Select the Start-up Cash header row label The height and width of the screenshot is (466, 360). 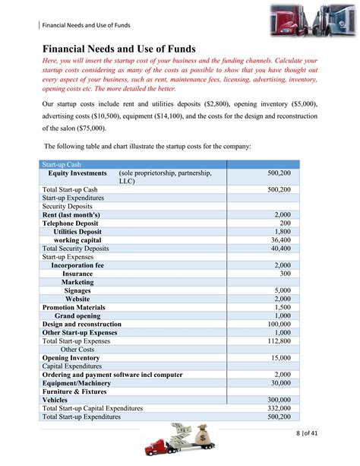[x=62, y=164]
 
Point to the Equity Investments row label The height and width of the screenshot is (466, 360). [x=77, y=173]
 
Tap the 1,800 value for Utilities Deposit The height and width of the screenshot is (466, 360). [x=280, y=231]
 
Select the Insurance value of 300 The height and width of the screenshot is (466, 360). [x=284, y=273]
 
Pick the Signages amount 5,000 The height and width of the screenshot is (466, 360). [x=282, y=290]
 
